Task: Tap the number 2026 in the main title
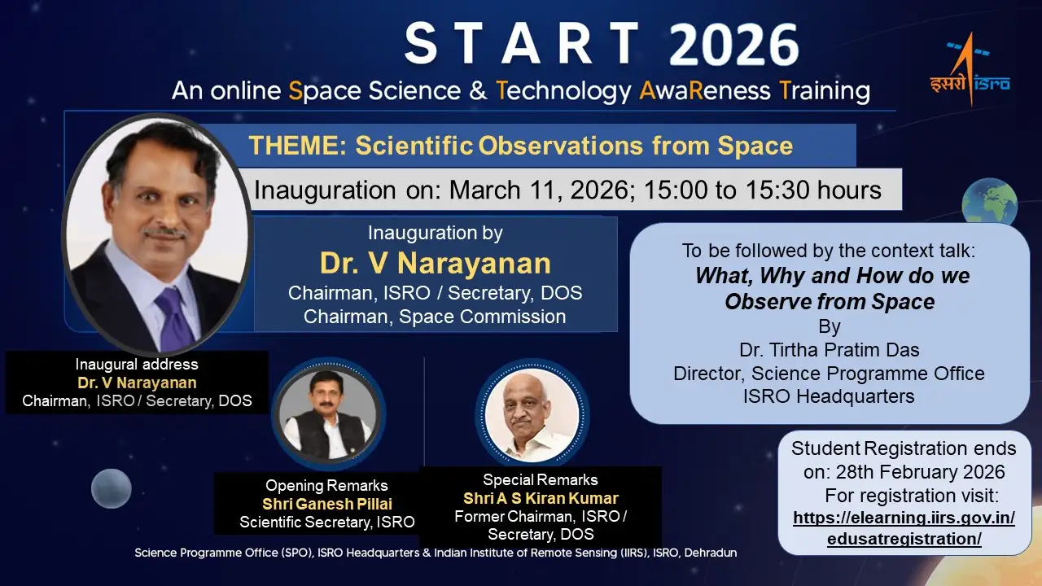pyautogui.click(x=733, y=44)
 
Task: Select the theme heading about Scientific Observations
pyautogui.click(x=521, y=146)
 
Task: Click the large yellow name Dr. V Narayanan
pyautogui.click(x=435, y=263)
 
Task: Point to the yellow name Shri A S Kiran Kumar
pyautogui.click(x=541, y=498)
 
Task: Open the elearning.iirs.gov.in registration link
pyautogui.click(x=904, y=528)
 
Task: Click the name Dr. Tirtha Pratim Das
pyautogui.click(x=829, y=351)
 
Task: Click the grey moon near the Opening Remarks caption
pyautogui.click(x=112, y=488)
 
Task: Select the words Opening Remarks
pyautogui.click(x=326, y=486)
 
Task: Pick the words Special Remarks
pyautogui.click(x=541, y=479)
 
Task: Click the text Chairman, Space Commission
pyautogui.click(x=435, y=317)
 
